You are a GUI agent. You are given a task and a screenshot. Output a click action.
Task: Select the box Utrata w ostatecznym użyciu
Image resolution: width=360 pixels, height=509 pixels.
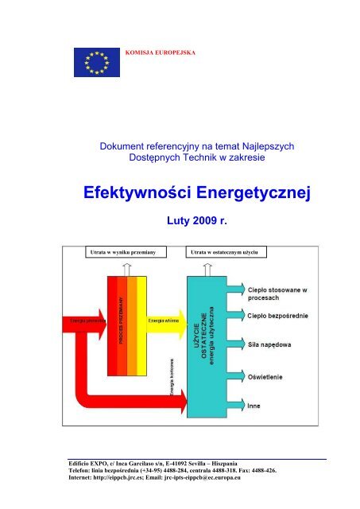pos(227,252)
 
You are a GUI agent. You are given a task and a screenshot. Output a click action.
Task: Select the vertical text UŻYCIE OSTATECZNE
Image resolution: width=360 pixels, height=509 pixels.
pos(199,334)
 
